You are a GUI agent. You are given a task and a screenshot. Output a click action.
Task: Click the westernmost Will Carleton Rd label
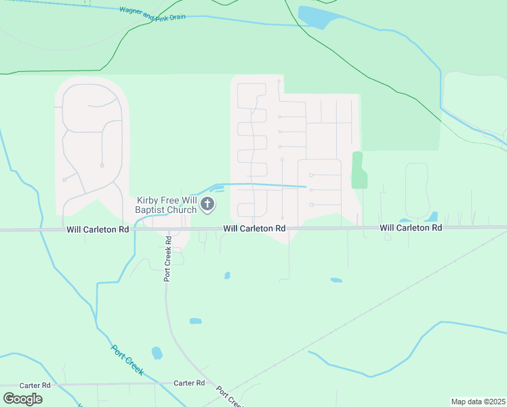coord(98,230)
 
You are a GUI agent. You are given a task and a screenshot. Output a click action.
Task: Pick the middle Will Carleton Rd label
coord(254,229)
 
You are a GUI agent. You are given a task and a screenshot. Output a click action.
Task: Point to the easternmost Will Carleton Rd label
coord(411,228)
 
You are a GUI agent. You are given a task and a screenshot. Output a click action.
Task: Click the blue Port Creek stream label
coord(127,360)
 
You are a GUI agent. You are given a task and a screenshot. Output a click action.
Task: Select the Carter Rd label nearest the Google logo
coord(35,385)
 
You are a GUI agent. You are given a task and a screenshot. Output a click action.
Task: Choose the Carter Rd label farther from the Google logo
coord(188,383)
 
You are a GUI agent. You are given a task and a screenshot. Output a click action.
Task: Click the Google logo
coord(22,398)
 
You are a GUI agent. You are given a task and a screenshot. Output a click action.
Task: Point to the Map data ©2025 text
coord(478,402)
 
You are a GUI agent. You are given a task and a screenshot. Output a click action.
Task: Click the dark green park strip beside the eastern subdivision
coord(359,170)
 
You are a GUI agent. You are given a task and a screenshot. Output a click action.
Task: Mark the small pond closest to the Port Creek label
coord(157,353)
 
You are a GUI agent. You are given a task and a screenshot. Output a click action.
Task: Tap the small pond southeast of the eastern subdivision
coord(336,280)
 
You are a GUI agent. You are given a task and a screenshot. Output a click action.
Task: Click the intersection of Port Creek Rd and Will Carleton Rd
coord(167,230)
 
